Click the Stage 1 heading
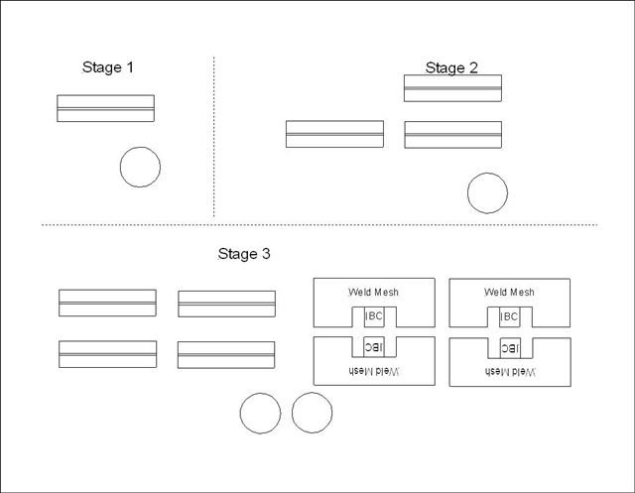(x=107, y=67)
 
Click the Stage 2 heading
(x=451, y=67)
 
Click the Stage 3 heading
(x=244, y=254)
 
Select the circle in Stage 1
(x=140, y=167)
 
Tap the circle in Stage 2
(x=487, y=193)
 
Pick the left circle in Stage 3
(x=260, y=414)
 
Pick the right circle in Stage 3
(x=312, y=414)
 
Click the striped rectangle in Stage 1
(x=105, y=108)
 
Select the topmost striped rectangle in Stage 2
(x=452, y=88)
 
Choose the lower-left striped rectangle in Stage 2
(x=334, y=134)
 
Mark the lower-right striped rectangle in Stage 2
(x=452, y=134)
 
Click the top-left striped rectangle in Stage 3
(x=107, y=303)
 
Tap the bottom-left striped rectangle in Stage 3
(x=107, y=354)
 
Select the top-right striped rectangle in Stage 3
(x=226, y=303)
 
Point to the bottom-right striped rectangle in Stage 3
(x=226, y=354)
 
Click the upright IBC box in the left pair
(x=374, y=316)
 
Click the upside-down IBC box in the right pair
(x=510, y=347)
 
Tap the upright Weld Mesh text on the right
(x=509, y=292)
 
